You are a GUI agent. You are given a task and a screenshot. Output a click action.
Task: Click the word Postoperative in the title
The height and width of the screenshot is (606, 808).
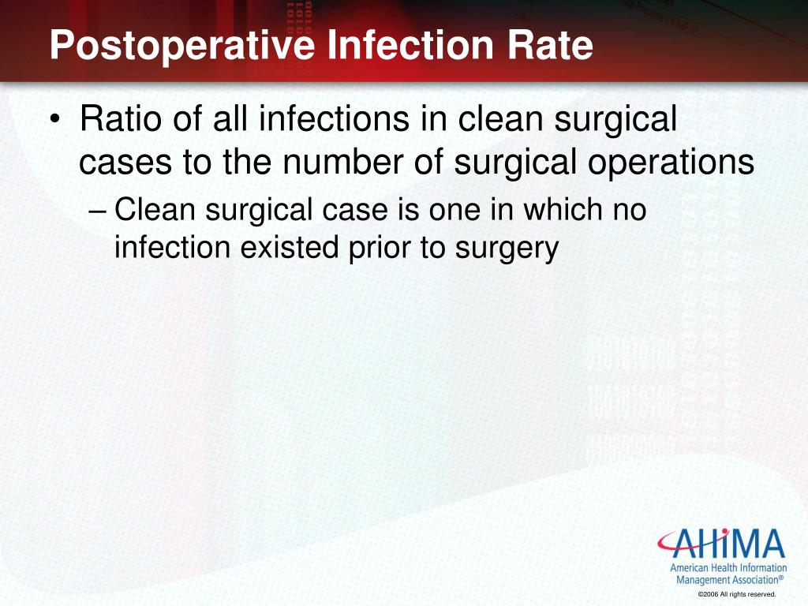182,45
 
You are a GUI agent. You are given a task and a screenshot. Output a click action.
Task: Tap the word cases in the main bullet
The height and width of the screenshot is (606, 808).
125,163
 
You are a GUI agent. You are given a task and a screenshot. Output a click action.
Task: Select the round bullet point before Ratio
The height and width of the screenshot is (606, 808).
54,120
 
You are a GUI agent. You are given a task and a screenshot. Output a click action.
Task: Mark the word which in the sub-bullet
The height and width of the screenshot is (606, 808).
563,209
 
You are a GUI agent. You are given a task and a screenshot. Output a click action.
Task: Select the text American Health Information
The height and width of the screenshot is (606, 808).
728,568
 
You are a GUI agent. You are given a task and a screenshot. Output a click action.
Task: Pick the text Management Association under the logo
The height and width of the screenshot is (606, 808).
729,580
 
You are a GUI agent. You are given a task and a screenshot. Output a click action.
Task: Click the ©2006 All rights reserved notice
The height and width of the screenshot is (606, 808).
737,594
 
